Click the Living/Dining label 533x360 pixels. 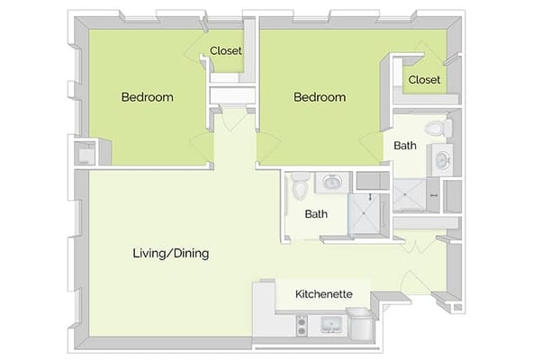tap(170, 254)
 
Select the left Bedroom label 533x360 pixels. tap(148, 97)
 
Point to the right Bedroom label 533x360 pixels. tap(320, 97)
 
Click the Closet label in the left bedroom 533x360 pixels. tap(226, 51)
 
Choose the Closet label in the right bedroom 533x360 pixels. tap(424, 80)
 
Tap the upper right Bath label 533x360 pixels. tap(405, 145)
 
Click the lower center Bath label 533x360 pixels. tap(316, 214)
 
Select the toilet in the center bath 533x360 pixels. tap(300, 187)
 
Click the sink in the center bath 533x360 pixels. tap(330, 183)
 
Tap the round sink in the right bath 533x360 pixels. tap(443, 162)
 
